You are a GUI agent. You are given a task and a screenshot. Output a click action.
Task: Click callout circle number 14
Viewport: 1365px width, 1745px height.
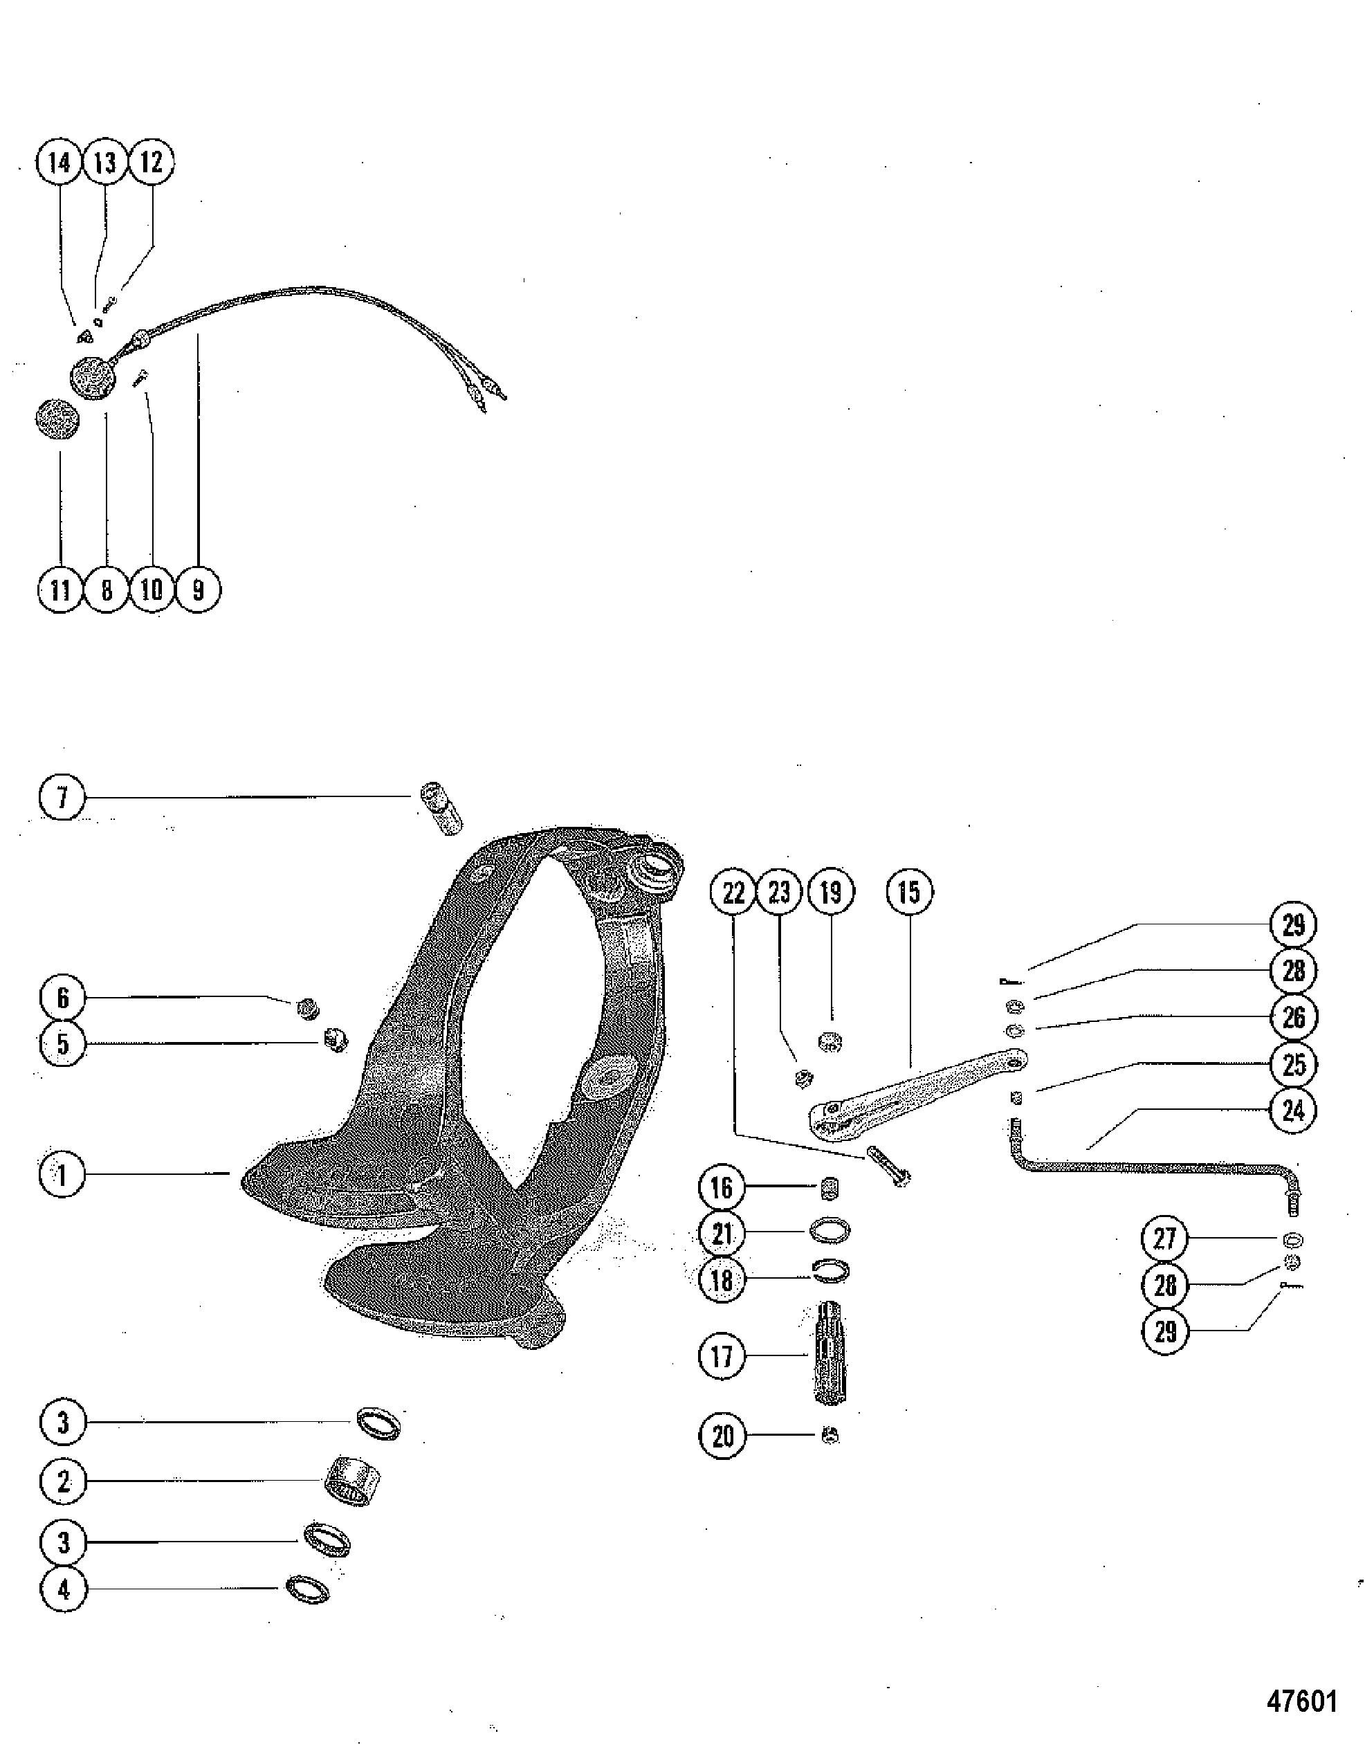coord(59,163)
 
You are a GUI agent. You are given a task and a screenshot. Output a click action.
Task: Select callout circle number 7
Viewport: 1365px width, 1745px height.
coord(62,797)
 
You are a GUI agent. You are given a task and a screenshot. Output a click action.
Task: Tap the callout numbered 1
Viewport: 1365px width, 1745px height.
coord(62,1174)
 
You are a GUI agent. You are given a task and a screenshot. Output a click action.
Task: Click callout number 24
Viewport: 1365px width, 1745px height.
coord(1293,1111)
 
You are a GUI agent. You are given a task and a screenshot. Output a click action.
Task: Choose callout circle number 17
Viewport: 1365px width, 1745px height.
coord(722,1355)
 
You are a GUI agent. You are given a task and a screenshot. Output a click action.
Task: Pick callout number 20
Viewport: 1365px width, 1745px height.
coord(722,1436)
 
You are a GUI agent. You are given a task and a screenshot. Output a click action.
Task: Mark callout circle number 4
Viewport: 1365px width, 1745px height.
coord(62,1589)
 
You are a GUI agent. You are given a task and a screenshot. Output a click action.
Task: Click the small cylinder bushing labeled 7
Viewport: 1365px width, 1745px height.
coord(442,807)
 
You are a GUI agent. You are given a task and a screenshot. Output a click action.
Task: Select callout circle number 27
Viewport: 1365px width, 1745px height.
coord(1164,1239)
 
